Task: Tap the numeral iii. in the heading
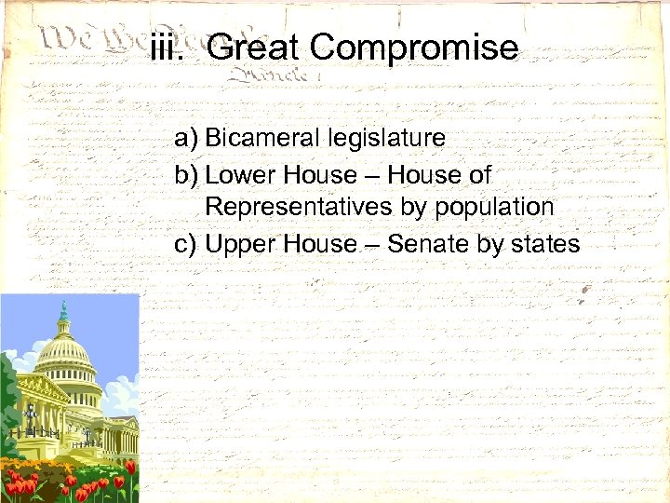(x=170, y=47)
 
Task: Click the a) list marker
(x=186, y=139)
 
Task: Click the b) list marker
(x=186, y=174)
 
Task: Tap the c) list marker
(x=186, y=244)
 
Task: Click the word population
(x=494, y=207)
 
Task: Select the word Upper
(x=234, y=244)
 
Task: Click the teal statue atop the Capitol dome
(x=64, y=311)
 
